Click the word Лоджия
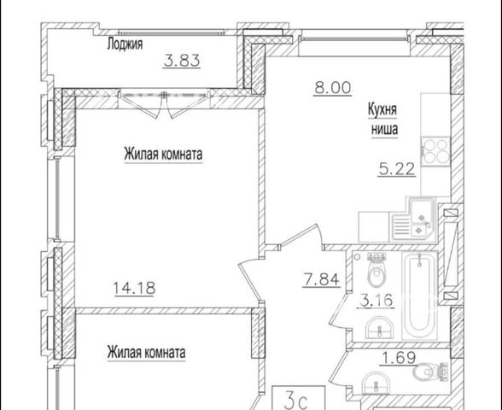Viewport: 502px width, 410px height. pos(125,44)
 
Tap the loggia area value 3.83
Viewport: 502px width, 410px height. pos(182,61)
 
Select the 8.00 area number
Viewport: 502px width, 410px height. pos(333,87)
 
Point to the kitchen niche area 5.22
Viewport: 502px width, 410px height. pos(397,169)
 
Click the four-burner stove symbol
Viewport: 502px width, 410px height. pos(435,151)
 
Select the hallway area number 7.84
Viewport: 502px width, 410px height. pos(321,279)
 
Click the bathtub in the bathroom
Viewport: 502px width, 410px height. pos(419,296)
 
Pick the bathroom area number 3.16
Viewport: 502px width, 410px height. pos(376,301)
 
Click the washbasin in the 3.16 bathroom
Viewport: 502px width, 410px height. pos(380,327)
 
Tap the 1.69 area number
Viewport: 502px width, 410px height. pos(398,358)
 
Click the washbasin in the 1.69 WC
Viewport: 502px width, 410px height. pos(376,382)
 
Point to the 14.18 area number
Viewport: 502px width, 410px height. pos(135,288)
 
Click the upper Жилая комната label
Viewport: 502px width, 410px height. pos(163,154)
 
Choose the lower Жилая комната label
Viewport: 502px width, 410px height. pos(146,352)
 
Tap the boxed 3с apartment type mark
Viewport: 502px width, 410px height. pos(299,397)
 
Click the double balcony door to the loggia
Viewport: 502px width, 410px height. pos(164,103)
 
